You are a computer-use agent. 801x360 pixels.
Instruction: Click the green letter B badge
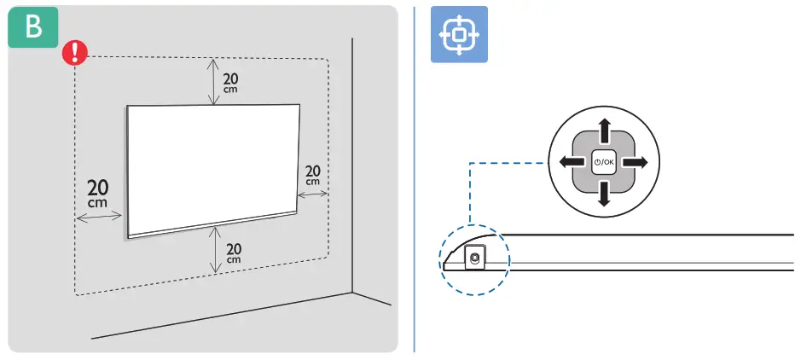pyautogui.click(x=33, y=28)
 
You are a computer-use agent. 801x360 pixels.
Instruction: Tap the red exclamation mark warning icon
pyautogui.click(x=74, y=55)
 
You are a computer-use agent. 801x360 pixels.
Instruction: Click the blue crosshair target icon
pyautogui.click(x=459, y=34)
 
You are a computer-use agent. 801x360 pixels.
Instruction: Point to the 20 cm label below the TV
pyautogui.click(x=233, y=252)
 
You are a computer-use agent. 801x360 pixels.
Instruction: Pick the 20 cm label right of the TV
pyautogui.click(x=313, y=175)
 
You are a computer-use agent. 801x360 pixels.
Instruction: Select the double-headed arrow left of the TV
pyautogui.click(x=100, y=218)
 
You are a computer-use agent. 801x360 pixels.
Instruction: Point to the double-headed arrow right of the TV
pyautogui.click(x=313, y=195)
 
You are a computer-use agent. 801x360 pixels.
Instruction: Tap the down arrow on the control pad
pyautogui.click(x=604, y=195)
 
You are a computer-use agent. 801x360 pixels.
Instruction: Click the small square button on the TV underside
pyautogui.click(x=473, y=256)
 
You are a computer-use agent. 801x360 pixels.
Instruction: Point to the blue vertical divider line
pyautogui.click(x=415, y=179)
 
